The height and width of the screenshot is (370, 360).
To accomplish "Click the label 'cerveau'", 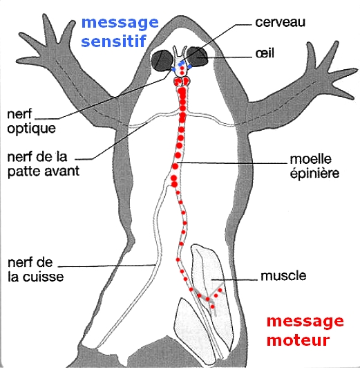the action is pyautogui.click(x=280, y=22).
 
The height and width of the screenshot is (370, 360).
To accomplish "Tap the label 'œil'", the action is pyautogui.click(x=265, y=53).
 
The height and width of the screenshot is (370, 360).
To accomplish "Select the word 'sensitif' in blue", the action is pyautogui.click(x=113, y=41).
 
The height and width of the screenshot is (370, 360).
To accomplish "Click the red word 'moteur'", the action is pyautogui.click(x=299, y=340).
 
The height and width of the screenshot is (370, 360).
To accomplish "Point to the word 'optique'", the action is pyautogui.click(x=32, y=129).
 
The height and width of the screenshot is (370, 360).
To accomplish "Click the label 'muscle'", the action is pyautogui.click(x=283, y=275).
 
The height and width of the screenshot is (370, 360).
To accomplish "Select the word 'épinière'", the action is pyautogui.click(x=314, y=174).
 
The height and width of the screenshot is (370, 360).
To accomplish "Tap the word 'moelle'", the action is pyautogui.click(x=310, y=159).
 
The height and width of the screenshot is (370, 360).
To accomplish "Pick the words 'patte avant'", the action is pyautogui.click(x=44, y=171).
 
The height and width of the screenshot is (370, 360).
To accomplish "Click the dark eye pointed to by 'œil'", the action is pyautogui.click(x=198, y=56).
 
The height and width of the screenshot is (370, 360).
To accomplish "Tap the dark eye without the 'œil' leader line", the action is pyautogui.click(x=162, y=60).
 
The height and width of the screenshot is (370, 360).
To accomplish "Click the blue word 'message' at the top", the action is pyautogui.click(x=120, y=23).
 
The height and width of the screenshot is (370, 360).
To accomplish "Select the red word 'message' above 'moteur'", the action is pyautogui.click(x=305, y=321).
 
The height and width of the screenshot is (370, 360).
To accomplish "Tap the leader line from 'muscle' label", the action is pyautogui.click(x=234, y=280).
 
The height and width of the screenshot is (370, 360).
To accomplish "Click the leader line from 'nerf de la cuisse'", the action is pyautogui.click(x=106, y=266).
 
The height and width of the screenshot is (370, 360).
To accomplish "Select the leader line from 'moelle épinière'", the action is pyautogui.click(x=233, y=163).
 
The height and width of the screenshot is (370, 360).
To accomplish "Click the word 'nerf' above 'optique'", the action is pyautogui.click(x=19, y=113).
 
